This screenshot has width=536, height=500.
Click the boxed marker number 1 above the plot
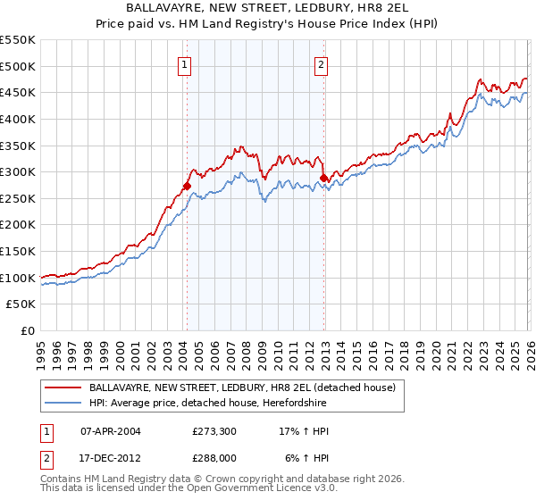click(x=184, y=63)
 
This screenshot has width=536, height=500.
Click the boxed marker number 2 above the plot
click(x=321, y=63)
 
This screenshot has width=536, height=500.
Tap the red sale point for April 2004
click(x=187, y=186)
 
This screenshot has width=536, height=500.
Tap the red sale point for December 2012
click(x=324, y=179)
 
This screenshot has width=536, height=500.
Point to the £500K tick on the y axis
click(x=18, y=66)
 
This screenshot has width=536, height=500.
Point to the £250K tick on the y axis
click(x=18, y=198)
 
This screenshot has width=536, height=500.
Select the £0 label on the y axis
click(x=29, y=330)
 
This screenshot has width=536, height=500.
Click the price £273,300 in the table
click(x=214, y=431)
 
